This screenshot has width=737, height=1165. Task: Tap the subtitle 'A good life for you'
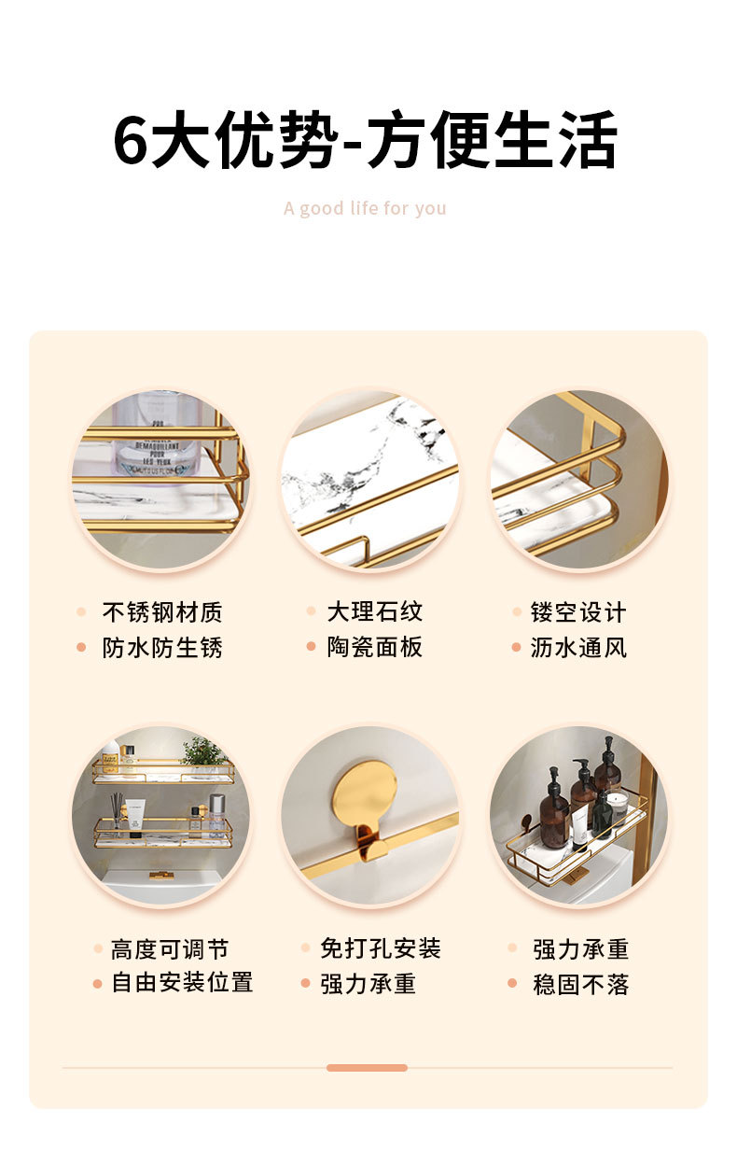[365, 208]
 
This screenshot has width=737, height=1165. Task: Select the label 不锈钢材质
[162, 613]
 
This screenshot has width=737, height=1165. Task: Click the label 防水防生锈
[162, 648]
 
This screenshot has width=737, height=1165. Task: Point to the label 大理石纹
[374, 612]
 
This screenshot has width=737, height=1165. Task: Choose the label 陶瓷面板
[374, 647]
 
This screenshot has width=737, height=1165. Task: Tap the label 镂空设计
[578, 613]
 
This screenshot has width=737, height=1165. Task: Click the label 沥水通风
[578, 648]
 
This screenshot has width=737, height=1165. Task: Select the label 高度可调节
[170, 949]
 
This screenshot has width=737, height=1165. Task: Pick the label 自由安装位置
[182, 983]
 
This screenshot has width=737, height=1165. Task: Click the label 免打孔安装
[381, 949]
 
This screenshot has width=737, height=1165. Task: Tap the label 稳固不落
[581, 985]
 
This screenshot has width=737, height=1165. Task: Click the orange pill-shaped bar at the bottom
[367, 1067]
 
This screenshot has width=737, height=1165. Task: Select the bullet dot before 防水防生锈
[81, 648]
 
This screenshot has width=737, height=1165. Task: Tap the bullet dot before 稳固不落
[512, 984]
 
